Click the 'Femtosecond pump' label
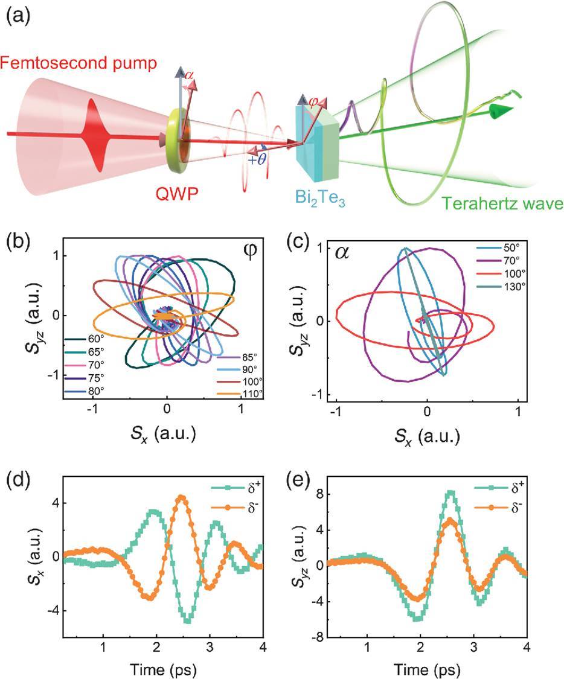click(x=79, y=63)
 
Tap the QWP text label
click(x=177, y=193)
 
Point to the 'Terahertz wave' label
click(x=502, y=203)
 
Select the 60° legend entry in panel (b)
click(x=85, y=339)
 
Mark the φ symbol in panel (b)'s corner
click(x=251, y=252)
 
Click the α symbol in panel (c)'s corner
click(x=342, y=252)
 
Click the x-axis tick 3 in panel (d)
click(x=210, y=647)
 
